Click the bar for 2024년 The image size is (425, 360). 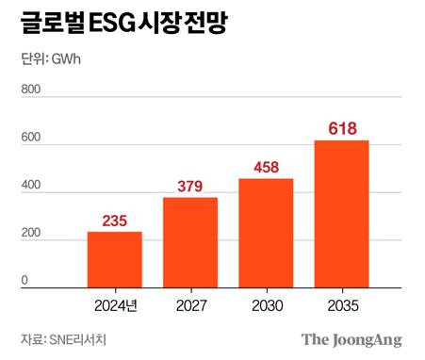(x=114, y=259)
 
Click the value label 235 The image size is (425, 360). (x=114, y=221)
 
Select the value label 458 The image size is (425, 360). (x=266, y=168)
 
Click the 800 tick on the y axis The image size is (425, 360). (x=31, y=90)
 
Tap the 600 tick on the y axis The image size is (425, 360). (x=31, y=138)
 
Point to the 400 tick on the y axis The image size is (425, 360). (x=31, y=186)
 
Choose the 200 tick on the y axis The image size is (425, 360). (x=31, y=234)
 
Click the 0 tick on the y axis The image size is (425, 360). (x=25, y=281)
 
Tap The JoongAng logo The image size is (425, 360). (x=351, y=339)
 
